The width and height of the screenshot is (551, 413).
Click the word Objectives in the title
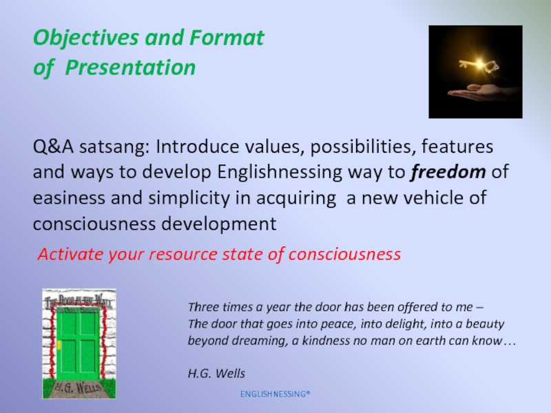pyautogui.click(x=85, y=38)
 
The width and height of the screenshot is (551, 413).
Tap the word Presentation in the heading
pyautogui.click(x=130, y=67)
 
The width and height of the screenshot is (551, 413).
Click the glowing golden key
pyautogui.click(x=479, y=65)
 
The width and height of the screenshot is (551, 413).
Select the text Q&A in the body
pyautogui.click(x=53, y=147)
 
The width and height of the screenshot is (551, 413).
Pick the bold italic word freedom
pyautogui.click(x=448, y=171)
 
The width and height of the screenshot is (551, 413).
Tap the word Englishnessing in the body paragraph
pyautogui.click(x=280, y=173)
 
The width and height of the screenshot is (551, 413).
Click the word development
pyautogui.click(x=219, y=224)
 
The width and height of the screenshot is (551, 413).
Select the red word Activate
pyautogui.click(x=70, y=254)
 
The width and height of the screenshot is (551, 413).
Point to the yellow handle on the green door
pyautogui.click(x=59, y=346)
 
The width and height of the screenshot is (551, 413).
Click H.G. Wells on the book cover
pyautogui.click(x=78, y=388)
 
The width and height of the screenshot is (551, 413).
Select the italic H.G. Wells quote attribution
pyautogui.click(x=216, y=373)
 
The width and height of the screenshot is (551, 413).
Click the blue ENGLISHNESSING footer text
pyautogui.click(x=275, y=394)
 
